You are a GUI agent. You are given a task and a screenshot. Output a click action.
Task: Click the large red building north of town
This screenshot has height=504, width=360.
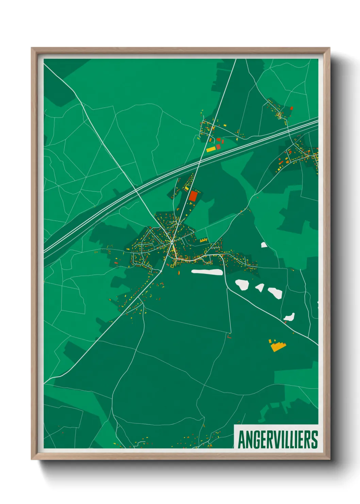(193, 196)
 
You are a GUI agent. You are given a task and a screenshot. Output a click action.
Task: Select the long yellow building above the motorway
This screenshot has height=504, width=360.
(211, 149)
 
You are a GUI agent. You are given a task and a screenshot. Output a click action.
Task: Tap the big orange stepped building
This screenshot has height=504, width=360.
(278, 346)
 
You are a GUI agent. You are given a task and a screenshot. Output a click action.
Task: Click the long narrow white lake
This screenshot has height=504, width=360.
(207, 272)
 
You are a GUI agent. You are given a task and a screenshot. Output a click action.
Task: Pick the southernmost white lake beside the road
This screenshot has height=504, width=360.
(290, 317)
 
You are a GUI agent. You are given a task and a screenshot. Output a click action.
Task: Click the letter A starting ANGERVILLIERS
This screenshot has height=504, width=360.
(242, 440)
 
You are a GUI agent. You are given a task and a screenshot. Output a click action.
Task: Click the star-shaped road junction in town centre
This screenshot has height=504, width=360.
(173, 241)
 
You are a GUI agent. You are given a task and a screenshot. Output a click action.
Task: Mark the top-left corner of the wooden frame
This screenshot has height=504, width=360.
(32, 48)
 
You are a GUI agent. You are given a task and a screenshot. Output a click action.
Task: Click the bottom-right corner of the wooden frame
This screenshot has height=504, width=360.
(329, 459)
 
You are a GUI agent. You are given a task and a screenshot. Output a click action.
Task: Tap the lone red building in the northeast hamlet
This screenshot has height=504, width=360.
(292, 108)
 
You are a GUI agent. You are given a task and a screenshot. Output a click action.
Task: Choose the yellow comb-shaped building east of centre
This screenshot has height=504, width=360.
(203, 240)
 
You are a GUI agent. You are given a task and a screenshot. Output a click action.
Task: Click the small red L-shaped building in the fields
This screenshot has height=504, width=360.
(229, 336)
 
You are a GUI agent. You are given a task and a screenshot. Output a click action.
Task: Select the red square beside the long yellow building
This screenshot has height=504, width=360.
(218, 146)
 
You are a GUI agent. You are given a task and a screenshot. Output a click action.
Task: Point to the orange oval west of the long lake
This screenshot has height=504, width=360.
(179, 272)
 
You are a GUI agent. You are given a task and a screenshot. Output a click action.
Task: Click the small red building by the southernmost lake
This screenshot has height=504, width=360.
(285, 321)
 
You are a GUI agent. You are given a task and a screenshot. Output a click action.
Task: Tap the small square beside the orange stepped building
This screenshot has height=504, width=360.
(270, 341)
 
